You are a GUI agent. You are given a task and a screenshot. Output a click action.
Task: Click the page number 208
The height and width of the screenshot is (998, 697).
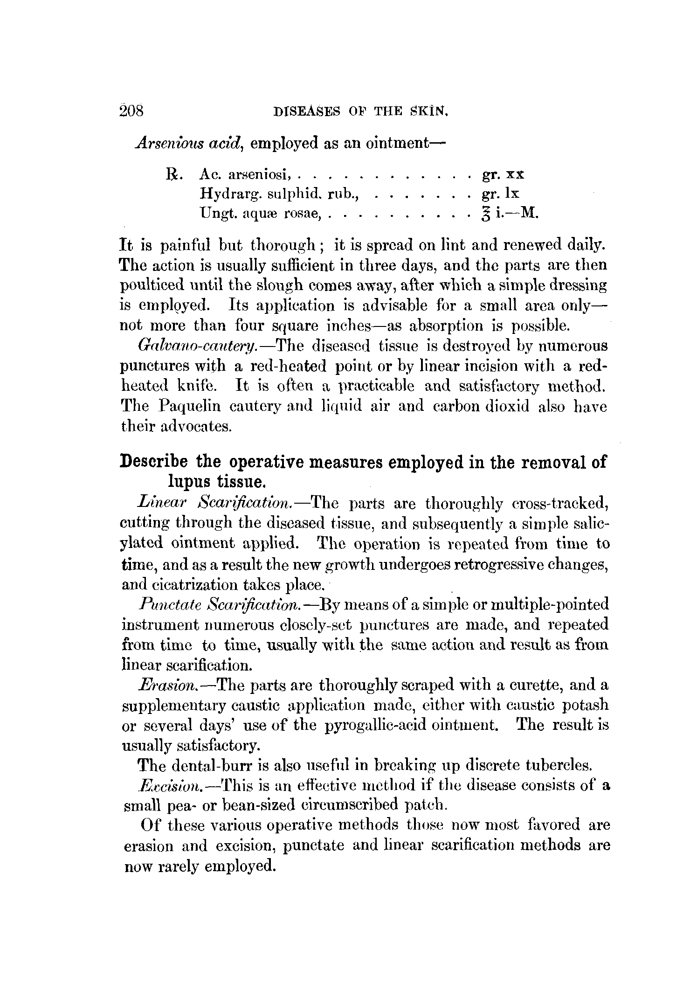click(132, 112)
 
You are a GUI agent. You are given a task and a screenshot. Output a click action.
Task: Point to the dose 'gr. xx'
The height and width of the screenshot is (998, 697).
click(502, 174)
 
